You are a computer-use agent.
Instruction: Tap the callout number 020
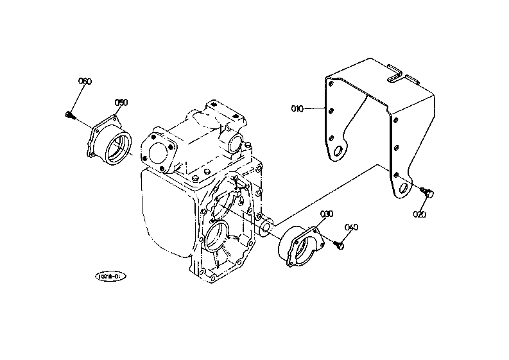click(420, 214)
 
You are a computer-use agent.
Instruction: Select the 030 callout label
click(327, 214)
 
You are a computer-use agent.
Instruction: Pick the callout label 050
click(121, 102)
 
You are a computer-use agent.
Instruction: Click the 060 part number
click(85, 81)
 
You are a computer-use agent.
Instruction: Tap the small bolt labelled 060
click(69, 116)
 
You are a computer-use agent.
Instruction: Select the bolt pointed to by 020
click(429, 191)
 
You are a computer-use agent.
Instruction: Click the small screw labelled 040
click(339, 243)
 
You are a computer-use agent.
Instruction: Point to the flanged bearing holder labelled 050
click(113, 142)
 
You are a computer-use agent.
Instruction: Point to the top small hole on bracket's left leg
click(330, 83)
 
